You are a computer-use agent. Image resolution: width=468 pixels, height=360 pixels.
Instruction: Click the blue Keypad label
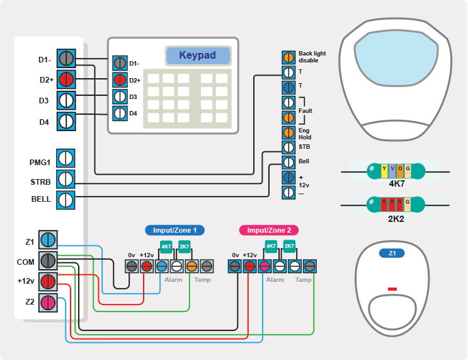[197, 55]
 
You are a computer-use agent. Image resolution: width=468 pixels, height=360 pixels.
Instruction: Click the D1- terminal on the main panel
[67, 59]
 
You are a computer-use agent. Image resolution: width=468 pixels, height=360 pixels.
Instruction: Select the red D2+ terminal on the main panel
[67, 79]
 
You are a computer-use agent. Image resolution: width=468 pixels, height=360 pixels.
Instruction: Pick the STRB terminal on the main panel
[67, 180]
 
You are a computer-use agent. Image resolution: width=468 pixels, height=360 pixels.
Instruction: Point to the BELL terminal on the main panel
[67, 200]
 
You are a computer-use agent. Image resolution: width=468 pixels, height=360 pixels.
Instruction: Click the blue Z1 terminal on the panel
[48, 240]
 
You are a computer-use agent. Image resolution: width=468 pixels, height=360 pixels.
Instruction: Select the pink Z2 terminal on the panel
[48, 303]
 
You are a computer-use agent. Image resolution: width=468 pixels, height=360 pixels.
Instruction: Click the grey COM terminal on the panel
[48, 260]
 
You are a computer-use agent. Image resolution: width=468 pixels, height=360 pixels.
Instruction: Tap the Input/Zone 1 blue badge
[174, 230]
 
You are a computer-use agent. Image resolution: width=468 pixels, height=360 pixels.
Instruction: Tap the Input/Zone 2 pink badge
[269, 230]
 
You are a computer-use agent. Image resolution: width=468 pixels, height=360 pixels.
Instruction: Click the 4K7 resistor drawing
[396, 170]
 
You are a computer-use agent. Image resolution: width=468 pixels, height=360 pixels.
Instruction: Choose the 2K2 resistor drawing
[396, 204]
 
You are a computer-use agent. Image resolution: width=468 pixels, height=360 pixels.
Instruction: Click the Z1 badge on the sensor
[392, 253]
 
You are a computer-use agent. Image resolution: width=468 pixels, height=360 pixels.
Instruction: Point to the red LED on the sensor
[392, 289]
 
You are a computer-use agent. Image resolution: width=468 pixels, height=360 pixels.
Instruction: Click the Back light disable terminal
[288, 57]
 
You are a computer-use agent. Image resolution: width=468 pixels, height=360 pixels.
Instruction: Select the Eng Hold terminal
[288, 132]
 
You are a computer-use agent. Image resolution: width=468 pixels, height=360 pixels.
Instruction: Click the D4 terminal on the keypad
[120, 113]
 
